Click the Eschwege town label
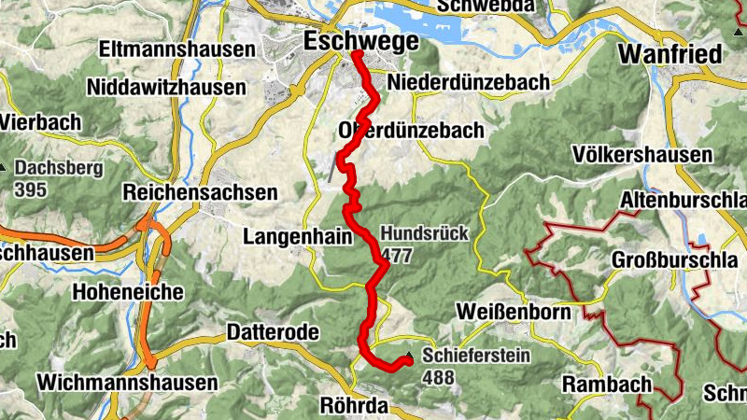(x=359, y=41)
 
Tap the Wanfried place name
(x=671, y=54)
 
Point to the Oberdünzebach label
(x=412, y=130)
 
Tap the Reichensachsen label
(x=201, y=192)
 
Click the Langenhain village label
(x=298, y=237)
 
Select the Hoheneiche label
(x=128, y=292)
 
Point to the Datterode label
(x=273, y=332)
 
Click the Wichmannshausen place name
(x=127, y=382)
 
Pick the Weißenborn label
(x=513, y=312)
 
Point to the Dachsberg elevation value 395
(x=31, y=189)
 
